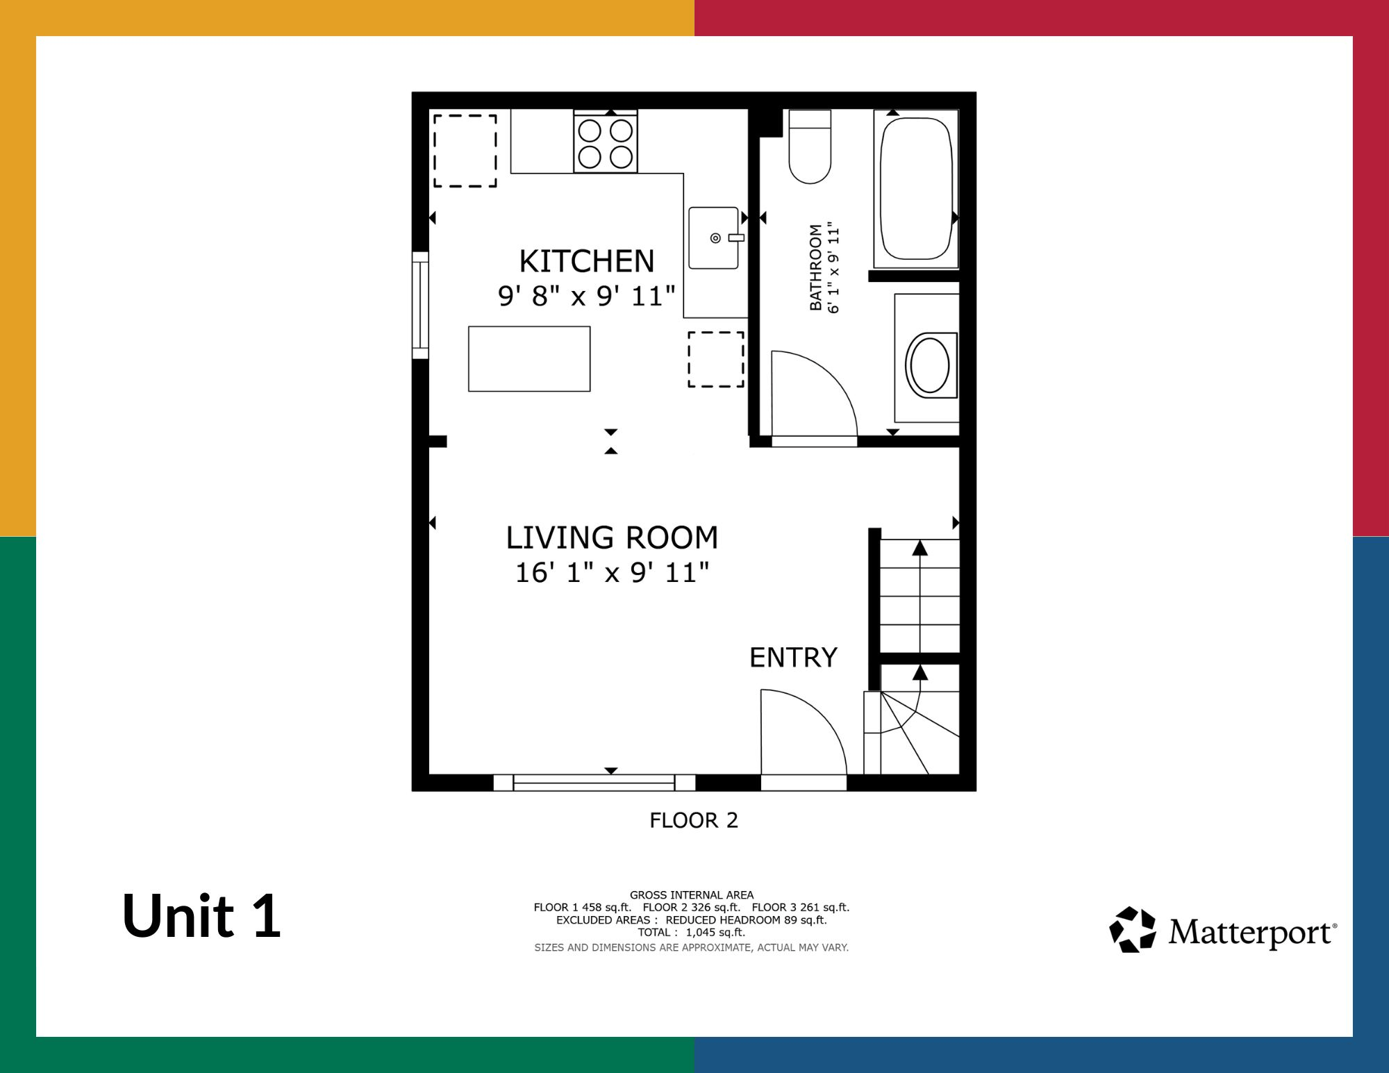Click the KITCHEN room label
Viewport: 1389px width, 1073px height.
pos(587,261)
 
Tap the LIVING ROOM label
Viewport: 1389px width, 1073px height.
pos(612,538)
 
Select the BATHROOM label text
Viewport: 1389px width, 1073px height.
pos(816,267)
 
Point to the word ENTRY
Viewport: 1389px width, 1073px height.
pos(793,657)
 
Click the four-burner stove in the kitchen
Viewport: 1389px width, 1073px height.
pos(606,142)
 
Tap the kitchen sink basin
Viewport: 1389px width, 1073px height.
pos(714,238)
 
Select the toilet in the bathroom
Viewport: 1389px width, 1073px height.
pos(810,147)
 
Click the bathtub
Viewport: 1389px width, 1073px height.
pos(916,188)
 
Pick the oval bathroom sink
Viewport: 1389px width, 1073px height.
pos(930,365)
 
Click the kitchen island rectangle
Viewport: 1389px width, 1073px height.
pos(529,359)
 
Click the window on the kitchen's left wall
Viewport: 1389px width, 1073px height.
pos(420,306)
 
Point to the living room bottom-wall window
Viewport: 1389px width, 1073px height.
pos(594,783)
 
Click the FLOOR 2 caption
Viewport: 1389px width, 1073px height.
pos(693,820)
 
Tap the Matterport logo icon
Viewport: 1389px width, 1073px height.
pos(1133,929)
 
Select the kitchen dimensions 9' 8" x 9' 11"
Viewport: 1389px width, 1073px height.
pos(587,296)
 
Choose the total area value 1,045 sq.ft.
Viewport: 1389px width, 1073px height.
pos(715,932)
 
